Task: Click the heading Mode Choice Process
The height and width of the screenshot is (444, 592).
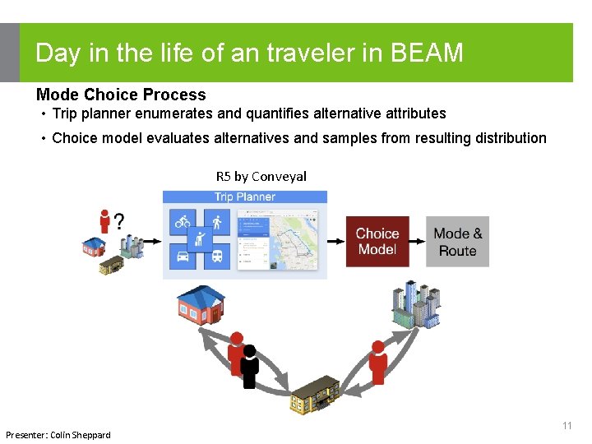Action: coord(121,95)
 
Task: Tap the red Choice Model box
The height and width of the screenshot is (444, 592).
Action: coord(377,241)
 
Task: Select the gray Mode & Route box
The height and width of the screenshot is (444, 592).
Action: coord(457,241)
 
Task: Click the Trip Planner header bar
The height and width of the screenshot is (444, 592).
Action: coord(244,197)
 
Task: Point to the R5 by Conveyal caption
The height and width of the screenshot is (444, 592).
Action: coord(261,176)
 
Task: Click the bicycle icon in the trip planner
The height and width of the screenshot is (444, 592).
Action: coord(182,222)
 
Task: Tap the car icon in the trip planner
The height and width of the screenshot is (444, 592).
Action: coord(182,257)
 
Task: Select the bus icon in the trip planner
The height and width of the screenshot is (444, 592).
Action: coord(217,257)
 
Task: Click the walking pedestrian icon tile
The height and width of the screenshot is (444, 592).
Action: coord(217,222)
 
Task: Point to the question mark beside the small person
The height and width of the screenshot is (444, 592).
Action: coord(119,222)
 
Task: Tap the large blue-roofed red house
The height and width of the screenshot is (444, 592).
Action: coord(201,304)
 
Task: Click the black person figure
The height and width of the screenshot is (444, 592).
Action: coord(250,367)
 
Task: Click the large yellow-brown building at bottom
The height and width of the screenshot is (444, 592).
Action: coord(315,396)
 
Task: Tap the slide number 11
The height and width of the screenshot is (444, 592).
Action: coord(567,426)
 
